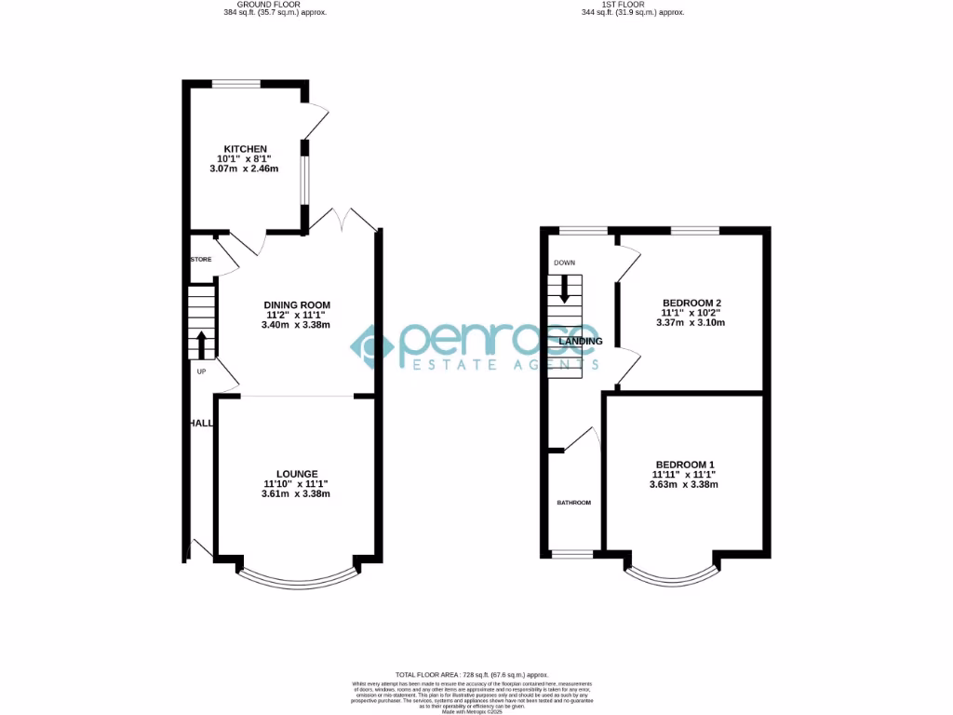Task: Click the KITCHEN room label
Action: (245, 149)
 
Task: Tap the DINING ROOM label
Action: (297, 304)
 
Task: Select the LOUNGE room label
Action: (296, 473)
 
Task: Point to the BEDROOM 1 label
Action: (685, 465)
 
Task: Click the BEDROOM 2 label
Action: (691, 303)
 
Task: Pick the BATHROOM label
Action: (574, 503)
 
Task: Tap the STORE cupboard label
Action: (201, 259)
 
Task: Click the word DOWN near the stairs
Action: (564, 263)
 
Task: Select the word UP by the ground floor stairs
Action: (201, 371)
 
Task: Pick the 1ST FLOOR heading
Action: (632, 5)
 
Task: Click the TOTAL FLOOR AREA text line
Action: (472, 674)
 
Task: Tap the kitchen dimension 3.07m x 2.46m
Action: (245, 169)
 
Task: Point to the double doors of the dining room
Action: (343, 222)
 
